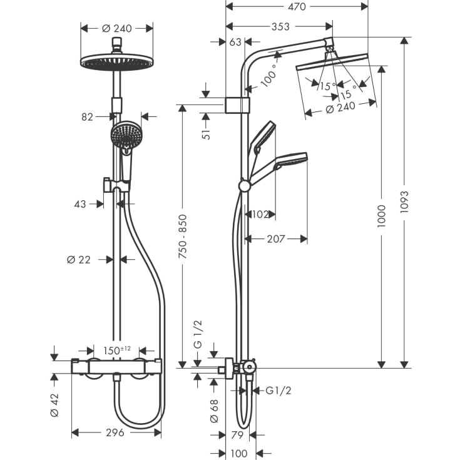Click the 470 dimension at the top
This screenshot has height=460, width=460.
(296, 7)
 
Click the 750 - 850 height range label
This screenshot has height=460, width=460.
(182, 237)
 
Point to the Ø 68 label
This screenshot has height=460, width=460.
(214, 410)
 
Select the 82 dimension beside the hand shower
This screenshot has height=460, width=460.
(87, 116)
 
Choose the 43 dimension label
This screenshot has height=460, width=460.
(79, 203)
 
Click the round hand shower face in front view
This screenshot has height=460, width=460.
(127, 135)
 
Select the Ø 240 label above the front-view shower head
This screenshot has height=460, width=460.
(117, 28)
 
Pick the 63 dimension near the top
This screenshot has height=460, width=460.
(235, 42)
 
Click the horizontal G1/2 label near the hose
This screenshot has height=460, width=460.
(279, 391)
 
